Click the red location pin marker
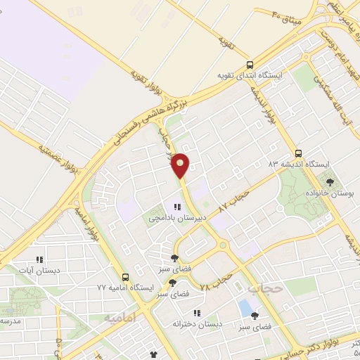[181, 165]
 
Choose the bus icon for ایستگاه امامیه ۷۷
[125, 277]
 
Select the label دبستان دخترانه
[198, 323]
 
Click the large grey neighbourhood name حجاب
[265, 288]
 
